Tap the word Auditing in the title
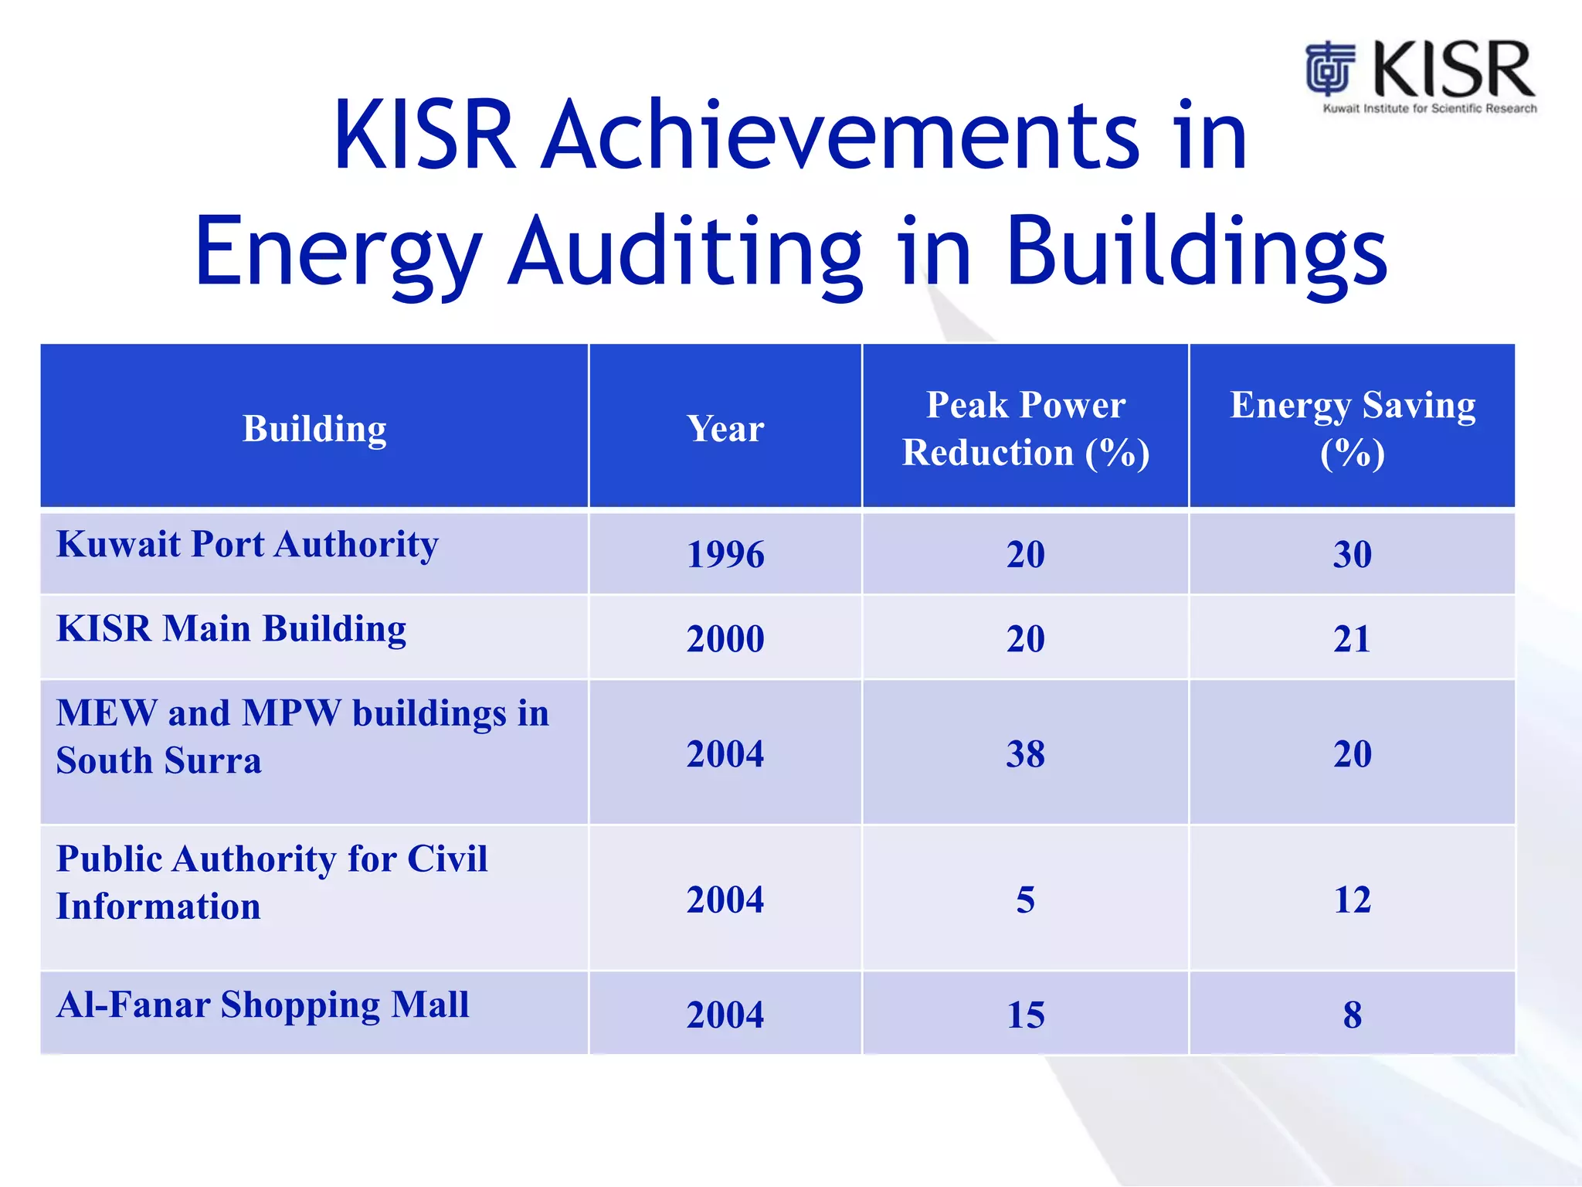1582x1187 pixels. tap(686, 252)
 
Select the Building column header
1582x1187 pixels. tap(314, 428)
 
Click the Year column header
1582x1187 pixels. tap(725, 428)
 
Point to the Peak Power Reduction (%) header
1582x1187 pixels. tap(1025, 428)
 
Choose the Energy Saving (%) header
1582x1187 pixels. tap(1352, 428)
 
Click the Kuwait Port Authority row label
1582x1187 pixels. tap(247, 544)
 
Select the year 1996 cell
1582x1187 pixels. tap(725, 554)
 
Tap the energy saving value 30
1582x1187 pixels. tap(1352, 554)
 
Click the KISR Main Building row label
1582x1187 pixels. tap(231, 628)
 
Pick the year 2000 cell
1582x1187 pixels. tap(725, 638)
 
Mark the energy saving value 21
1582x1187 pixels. tap(1352, 638)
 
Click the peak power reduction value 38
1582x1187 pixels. tap(1025, 753)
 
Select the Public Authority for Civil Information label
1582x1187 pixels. tap(271, 882)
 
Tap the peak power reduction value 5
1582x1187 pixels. tap(1025, 900)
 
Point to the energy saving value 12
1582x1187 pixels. tap(1352, 900)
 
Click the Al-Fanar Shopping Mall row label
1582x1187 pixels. tap(263, 1005)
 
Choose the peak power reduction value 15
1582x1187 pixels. tap(1025, 1015)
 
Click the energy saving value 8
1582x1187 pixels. tap(1352, 1015)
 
